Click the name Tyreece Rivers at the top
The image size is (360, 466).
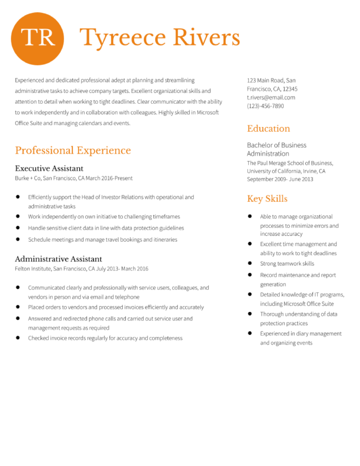pyautogui.click(x=160, y=38)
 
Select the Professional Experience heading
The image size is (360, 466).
pyautogui.click(x=73, y=150)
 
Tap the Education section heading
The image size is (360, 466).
pyautogui.click(x=268, y=128)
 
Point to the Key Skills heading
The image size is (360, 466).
pyautogui.click(x=267, y=199)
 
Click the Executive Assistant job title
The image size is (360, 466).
pyautogui.click(x=49, y=168)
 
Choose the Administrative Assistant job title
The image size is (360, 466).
pyautogui.click(x=59, y=259)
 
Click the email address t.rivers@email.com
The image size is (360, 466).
pyautogui.click(x=271, y=98)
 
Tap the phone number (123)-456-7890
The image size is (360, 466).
pyautogui.click(x=265, y=106)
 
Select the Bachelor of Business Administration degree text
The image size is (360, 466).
pyautogui.click(x=277, y=149)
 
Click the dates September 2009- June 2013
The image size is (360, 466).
pyautogui.click(x=280, y=179)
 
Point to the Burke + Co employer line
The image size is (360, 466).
pyautogui.click(x=74, y=178)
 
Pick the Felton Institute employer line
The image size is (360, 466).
pyautogui.click(x=82, y=269)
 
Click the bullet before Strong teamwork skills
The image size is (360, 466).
pyautogui.click(x=250, y=263)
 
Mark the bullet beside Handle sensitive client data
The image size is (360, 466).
pyautogui.click(x=17, y=228)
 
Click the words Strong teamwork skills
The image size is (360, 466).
pyautogui.click(x=287, y=263)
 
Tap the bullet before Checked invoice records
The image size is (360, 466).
pyautogui.click(x=17, y=338)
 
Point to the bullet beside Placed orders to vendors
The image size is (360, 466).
pyautogui.click(x=17, y=307)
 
